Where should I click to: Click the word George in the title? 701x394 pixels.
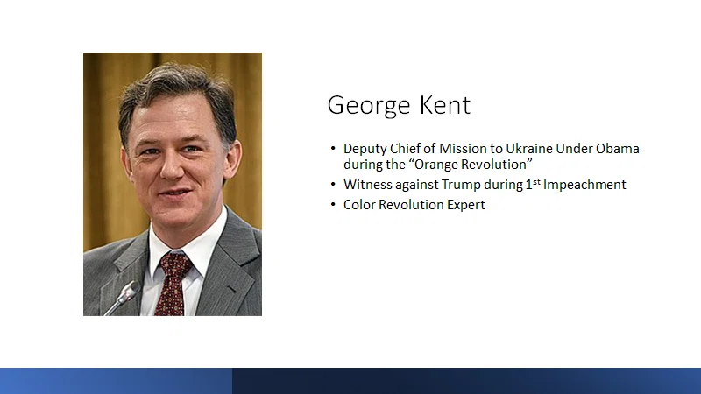pos(369,106)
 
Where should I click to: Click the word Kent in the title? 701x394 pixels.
pos(445,105)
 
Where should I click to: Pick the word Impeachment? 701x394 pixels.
pos(584,185)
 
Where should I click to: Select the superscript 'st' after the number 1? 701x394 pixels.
pos(536,181)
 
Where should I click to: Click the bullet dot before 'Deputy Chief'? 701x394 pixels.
pos(333,148)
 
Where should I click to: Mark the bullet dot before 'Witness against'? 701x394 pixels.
pos(333,184)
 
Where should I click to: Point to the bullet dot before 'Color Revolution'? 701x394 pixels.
pos(333,204)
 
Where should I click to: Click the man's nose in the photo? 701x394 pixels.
pos(172,166)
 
